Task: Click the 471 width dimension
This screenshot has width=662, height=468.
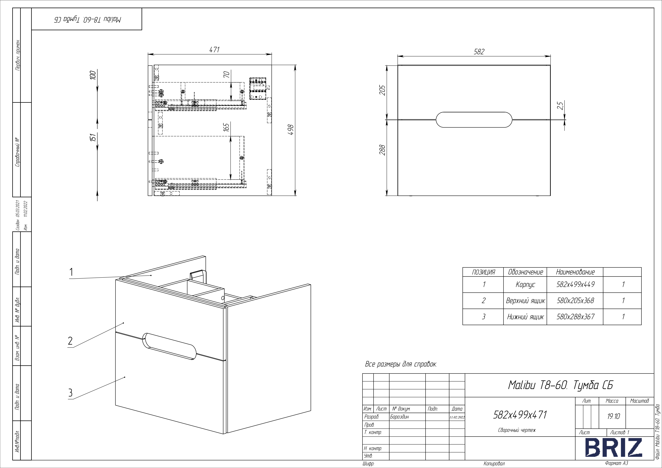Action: [x=214, y=50]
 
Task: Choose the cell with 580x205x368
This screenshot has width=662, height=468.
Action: [x=575, y=301]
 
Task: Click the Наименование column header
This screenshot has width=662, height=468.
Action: [x=575, y=272]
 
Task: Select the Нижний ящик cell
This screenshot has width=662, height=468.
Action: [x=525, y=317]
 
